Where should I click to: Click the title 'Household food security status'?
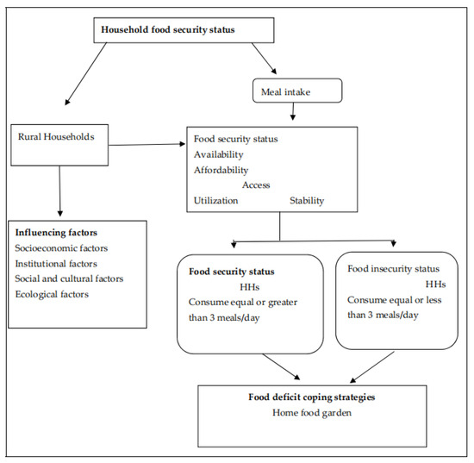point(167,28)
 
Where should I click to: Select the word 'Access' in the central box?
point(256,185)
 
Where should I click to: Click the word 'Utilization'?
point(216,201)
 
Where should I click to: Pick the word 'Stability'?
point(307,201)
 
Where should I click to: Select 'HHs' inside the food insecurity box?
point(436,284)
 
